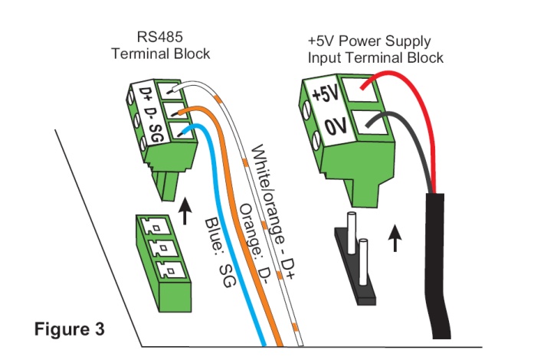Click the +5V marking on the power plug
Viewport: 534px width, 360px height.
(325, 97)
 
